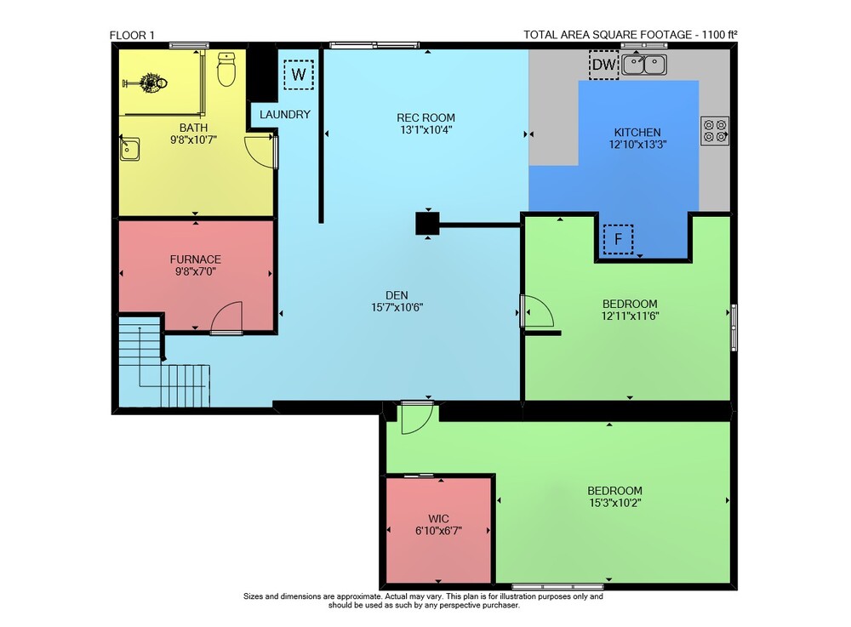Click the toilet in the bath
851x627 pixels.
click(226, 69)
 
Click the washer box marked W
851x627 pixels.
click(299, 74)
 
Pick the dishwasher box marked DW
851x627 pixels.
click(603, 65)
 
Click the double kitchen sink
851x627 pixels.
click(644, 66)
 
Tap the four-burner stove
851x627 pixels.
click(715, 131)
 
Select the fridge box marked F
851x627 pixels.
click(618, 239)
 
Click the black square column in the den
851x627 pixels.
click(428, 223)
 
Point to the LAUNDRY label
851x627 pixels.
click(285, 115)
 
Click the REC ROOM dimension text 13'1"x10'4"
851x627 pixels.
click(426, 129)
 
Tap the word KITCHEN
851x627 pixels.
click(637, 133)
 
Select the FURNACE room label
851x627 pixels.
click(196, 259)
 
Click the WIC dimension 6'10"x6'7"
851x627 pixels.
click(438, 531)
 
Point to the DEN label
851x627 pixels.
click(397, 295)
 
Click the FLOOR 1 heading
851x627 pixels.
click(132, 35)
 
